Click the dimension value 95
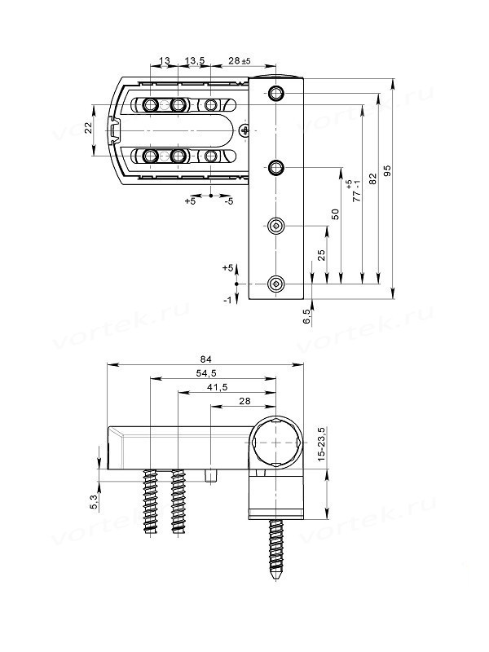387,170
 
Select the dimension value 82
372,181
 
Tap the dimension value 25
321,255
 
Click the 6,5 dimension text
307,317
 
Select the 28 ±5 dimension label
239,61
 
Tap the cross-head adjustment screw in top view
246,130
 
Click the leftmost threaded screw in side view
151,504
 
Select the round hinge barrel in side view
277,442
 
